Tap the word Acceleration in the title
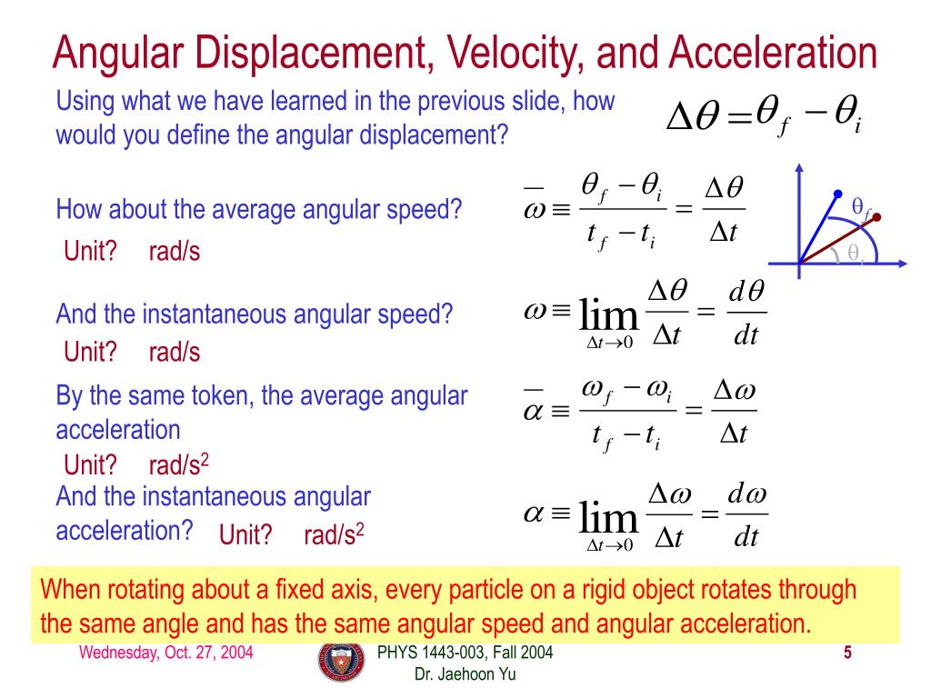click(773, 54)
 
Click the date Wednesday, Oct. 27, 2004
click(165, 653)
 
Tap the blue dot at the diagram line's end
click(837, 194)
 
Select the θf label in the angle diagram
click(861, 209)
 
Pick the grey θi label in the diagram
click(856, 254)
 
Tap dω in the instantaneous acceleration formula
click(746, 496)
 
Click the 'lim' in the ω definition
click(608, 316)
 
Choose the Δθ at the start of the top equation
click(696, 118)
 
